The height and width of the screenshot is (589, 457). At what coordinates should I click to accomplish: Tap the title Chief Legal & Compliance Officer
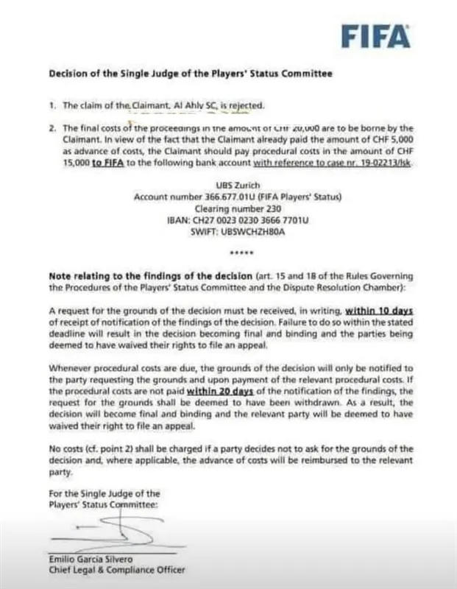[116, 570]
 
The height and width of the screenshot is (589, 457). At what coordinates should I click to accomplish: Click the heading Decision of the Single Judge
[190, 74]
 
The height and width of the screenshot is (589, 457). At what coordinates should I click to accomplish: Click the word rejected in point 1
[244, 105]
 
